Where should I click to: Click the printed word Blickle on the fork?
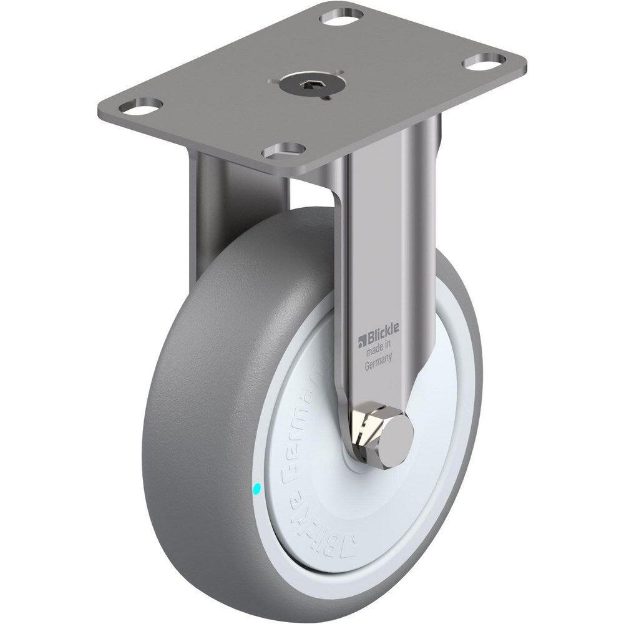point(381,341)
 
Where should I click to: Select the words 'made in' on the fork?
point(378,351)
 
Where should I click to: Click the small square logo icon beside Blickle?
point(361,342)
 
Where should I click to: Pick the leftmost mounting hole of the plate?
point(139,107)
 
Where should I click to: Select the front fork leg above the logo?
point(374,250)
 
